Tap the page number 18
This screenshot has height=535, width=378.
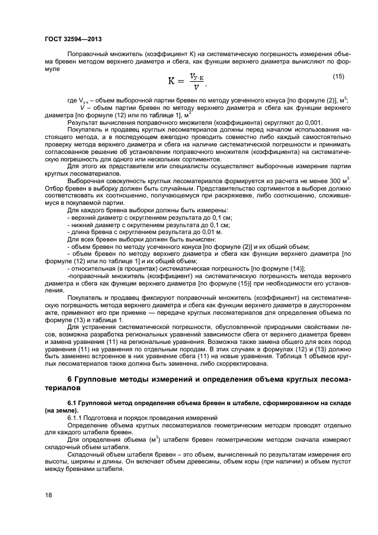tap(49, 496)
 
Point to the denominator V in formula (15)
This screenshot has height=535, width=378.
tap(196, 88)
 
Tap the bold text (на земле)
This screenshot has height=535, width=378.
tap(63, 410)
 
